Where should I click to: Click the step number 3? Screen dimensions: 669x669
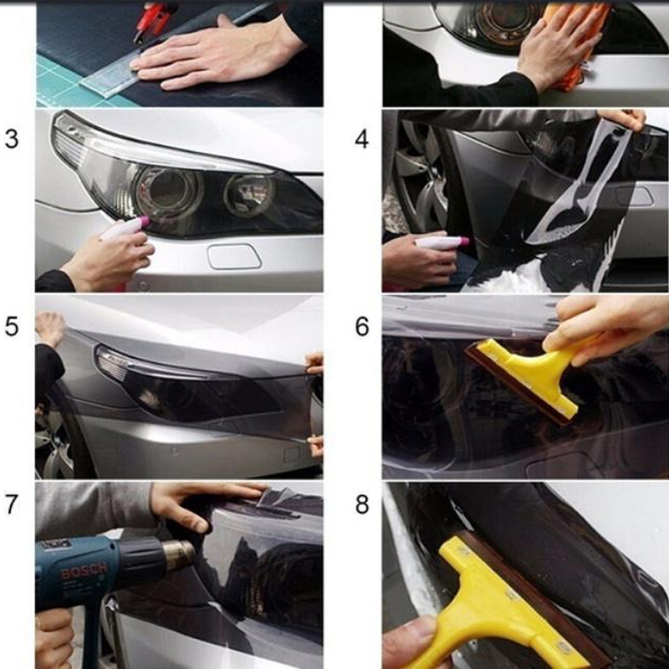click(x=12, y=139)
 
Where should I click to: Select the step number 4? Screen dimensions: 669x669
click(x=361, y=139)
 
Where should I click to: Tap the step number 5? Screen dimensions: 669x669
click(x=12, y=326)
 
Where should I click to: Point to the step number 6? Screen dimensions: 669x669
click(x=361, y=326)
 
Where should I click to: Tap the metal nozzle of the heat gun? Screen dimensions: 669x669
click(x=177, y=553)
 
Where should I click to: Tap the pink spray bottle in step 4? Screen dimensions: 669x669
click(x=440, y=243)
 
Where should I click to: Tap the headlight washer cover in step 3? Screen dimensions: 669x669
click(x=234, y=256)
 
